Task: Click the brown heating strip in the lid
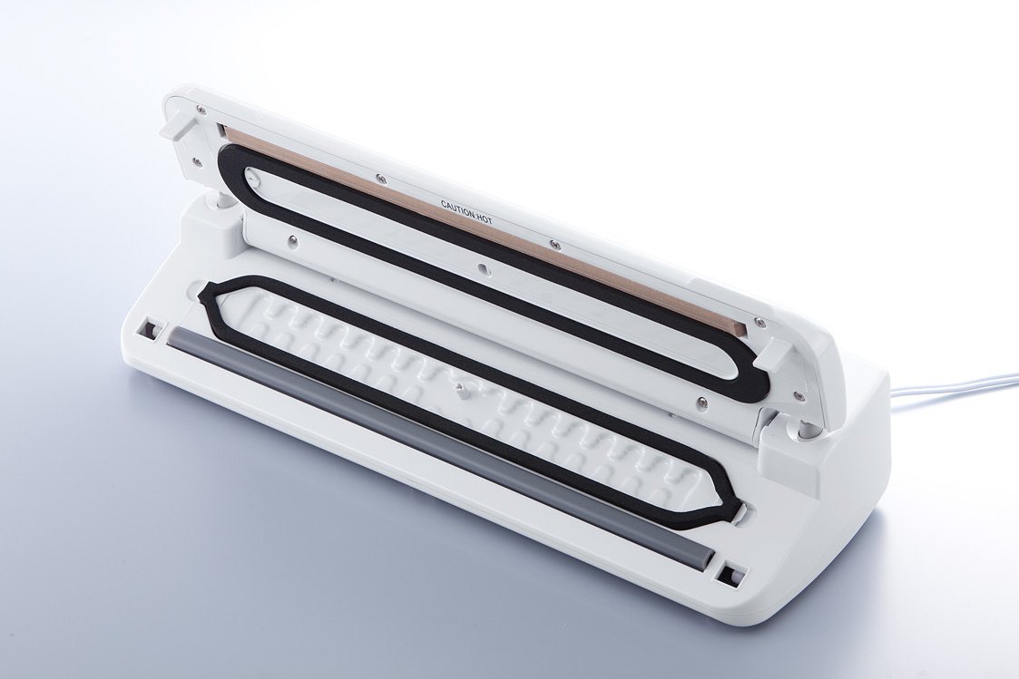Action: [480, 229]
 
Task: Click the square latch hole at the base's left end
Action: [151, 329]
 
